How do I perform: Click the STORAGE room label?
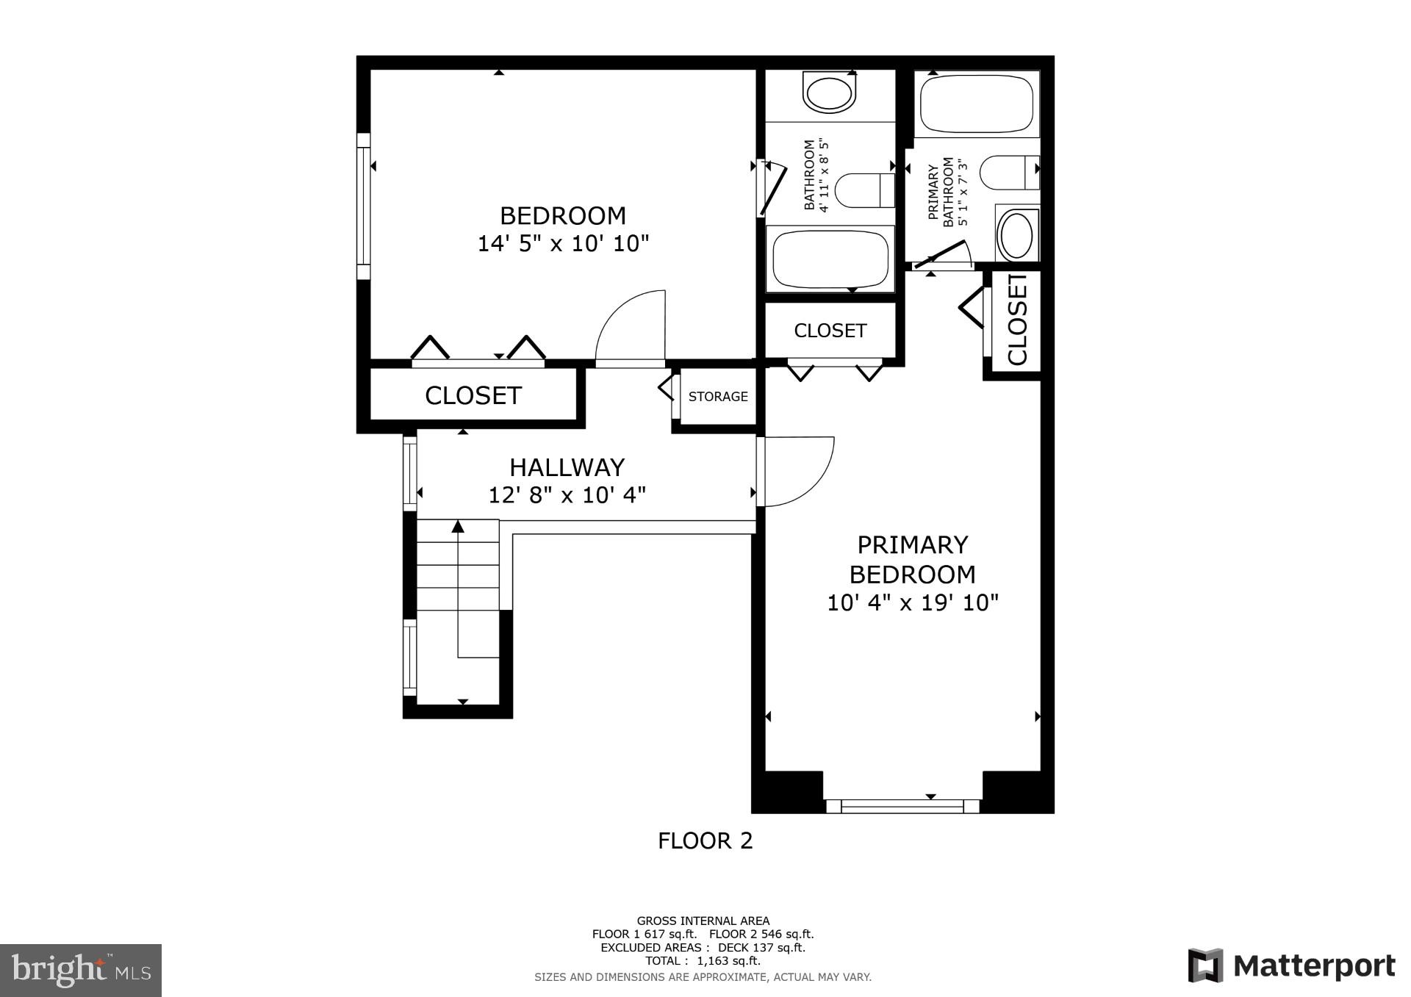718,397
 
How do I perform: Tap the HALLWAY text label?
567,467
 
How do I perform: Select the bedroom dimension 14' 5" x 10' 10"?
564,243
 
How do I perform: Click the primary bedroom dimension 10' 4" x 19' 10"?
913,603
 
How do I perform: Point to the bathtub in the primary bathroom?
977,104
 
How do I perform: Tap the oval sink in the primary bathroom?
1017,234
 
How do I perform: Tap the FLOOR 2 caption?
705,841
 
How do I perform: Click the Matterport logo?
1291,965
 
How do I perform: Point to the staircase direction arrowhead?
459,526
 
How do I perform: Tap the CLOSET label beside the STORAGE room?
473,395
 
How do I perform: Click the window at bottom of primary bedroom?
902,806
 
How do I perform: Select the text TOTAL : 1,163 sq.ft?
703,960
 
